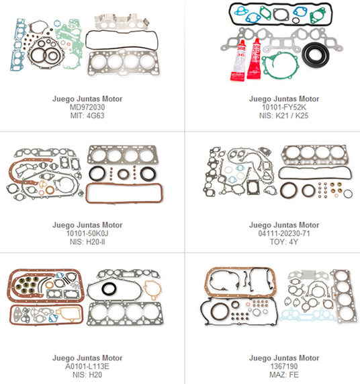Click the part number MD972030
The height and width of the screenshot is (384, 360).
[87, 108]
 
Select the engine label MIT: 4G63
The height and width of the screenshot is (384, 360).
[87, 116]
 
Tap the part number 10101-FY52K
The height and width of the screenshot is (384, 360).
[284, 108]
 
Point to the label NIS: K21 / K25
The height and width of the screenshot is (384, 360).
[284, 116]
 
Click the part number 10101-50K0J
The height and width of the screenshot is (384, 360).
[87, 233]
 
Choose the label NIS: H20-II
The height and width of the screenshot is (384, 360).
[87, 242]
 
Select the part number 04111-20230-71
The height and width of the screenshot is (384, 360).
[284, 233]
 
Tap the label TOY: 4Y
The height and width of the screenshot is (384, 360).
[284, 242]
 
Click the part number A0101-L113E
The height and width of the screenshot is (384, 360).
[87, 367]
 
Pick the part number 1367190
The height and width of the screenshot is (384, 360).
[284, 367]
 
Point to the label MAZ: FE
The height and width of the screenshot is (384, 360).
[284, 375]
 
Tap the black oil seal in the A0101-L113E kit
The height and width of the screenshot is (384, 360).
[109, 289]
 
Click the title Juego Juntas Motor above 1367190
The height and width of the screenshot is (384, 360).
[284, 358]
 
